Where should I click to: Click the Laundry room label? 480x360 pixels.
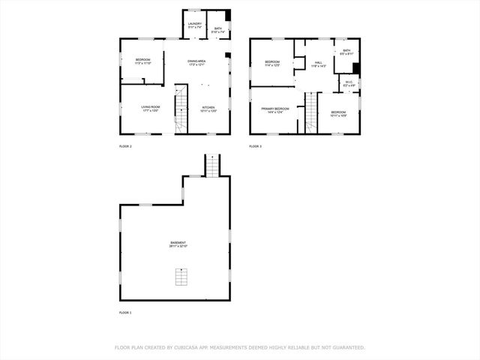[195, 25]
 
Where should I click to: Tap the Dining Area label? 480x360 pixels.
[197, 61]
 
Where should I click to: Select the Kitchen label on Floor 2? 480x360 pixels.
[208, 109]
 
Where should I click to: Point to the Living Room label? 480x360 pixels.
[151, 109]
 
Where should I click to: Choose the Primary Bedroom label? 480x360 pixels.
[275, 110]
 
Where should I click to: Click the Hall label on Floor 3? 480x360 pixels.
[318, 64]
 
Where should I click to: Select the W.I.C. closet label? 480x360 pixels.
[349, 84]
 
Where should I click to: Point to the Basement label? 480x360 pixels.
[178, 244]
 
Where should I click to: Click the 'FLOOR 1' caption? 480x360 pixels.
[125, 312]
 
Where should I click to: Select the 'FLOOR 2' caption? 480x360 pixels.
[125, 146]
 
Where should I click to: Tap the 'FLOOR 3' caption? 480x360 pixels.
[256, 146]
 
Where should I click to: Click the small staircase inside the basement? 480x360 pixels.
[180, 277]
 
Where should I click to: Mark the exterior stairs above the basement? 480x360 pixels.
[213, 165]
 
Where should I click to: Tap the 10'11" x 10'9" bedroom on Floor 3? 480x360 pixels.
[338, 113]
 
